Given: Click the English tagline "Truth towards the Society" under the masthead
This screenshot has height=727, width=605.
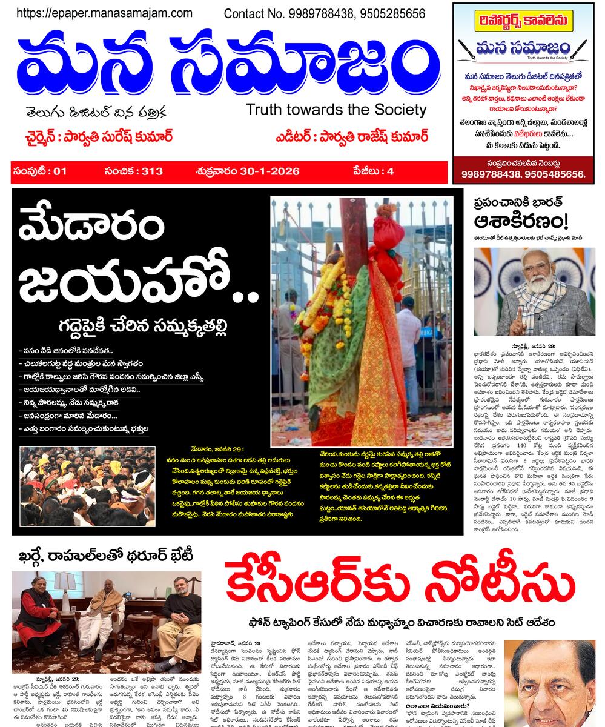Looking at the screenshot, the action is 336,110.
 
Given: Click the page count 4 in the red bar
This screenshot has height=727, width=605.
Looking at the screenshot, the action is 391,171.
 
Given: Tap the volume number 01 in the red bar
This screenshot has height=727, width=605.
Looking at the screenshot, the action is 59,171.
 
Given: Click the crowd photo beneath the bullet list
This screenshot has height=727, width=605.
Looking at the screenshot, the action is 87,486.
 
